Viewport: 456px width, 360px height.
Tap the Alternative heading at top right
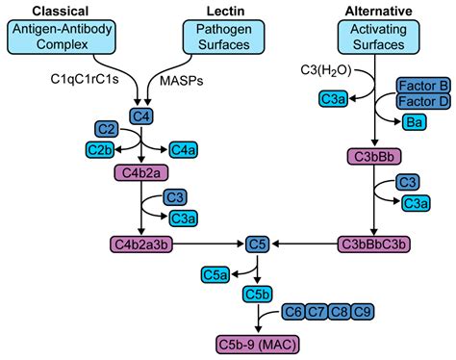coord(380,10)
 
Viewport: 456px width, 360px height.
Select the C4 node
coord(142,116)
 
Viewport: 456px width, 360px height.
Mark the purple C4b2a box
coord(141,172)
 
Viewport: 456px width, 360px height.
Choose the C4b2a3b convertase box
coord(141,244)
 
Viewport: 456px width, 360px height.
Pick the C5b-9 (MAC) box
coord(257,342)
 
